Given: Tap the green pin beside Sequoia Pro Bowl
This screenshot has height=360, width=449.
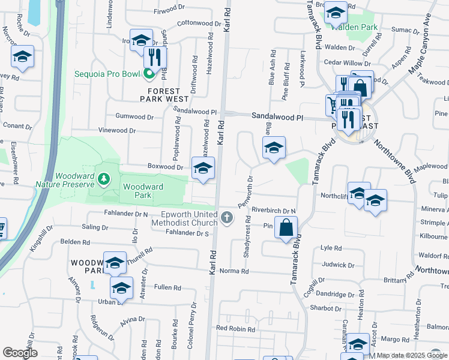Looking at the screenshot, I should (x=149, y=74).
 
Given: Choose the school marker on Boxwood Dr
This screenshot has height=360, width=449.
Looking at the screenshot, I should (x=203, y=168).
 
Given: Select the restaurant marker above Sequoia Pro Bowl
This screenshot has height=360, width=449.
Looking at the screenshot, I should (x=155, y=58).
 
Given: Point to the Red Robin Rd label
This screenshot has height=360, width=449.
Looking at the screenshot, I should (x=236, y=328).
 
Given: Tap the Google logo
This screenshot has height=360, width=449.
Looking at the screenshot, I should (x=20, y=353).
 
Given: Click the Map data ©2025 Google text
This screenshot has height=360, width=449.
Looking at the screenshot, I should (x=412, y=356).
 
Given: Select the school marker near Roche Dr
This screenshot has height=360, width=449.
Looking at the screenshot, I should (x=22, y=58).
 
